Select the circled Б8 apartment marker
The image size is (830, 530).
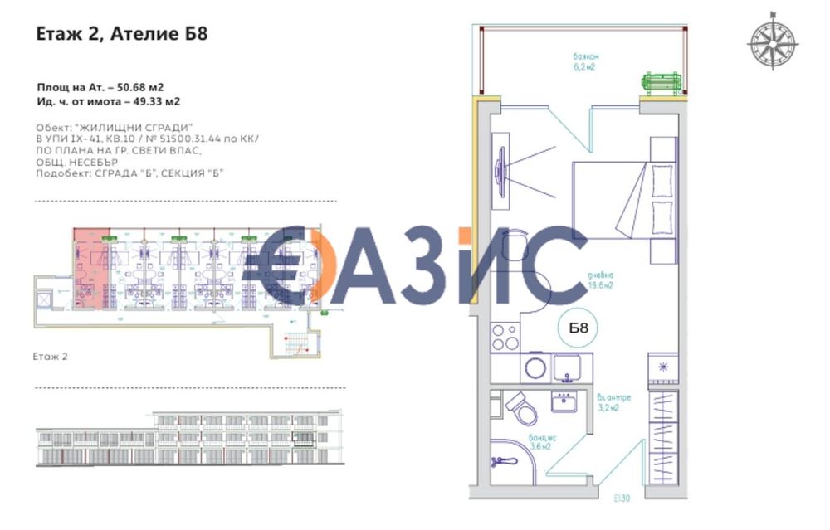point(579,328)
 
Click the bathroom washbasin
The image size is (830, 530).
point(568,402)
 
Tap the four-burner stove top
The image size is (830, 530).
point(504,337)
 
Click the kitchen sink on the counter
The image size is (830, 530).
point(568,366)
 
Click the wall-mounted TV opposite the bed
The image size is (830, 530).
point(500,174)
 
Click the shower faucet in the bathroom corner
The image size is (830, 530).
point(500,459)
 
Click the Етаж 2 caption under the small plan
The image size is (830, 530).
point(51,356)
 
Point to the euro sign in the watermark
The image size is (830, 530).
point(292,265)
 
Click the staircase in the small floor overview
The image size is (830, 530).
point(295,343)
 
